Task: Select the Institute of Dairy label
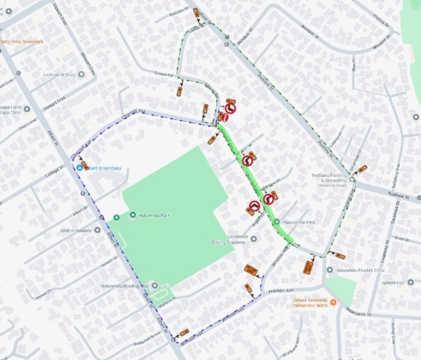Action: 59,74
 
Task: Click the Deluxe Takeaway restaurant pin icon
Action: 334,303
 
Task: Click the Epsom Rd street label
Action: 162,74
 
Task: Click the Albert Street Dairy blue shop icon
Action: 79,167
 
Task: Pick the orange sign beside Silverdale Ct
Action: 362,169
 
